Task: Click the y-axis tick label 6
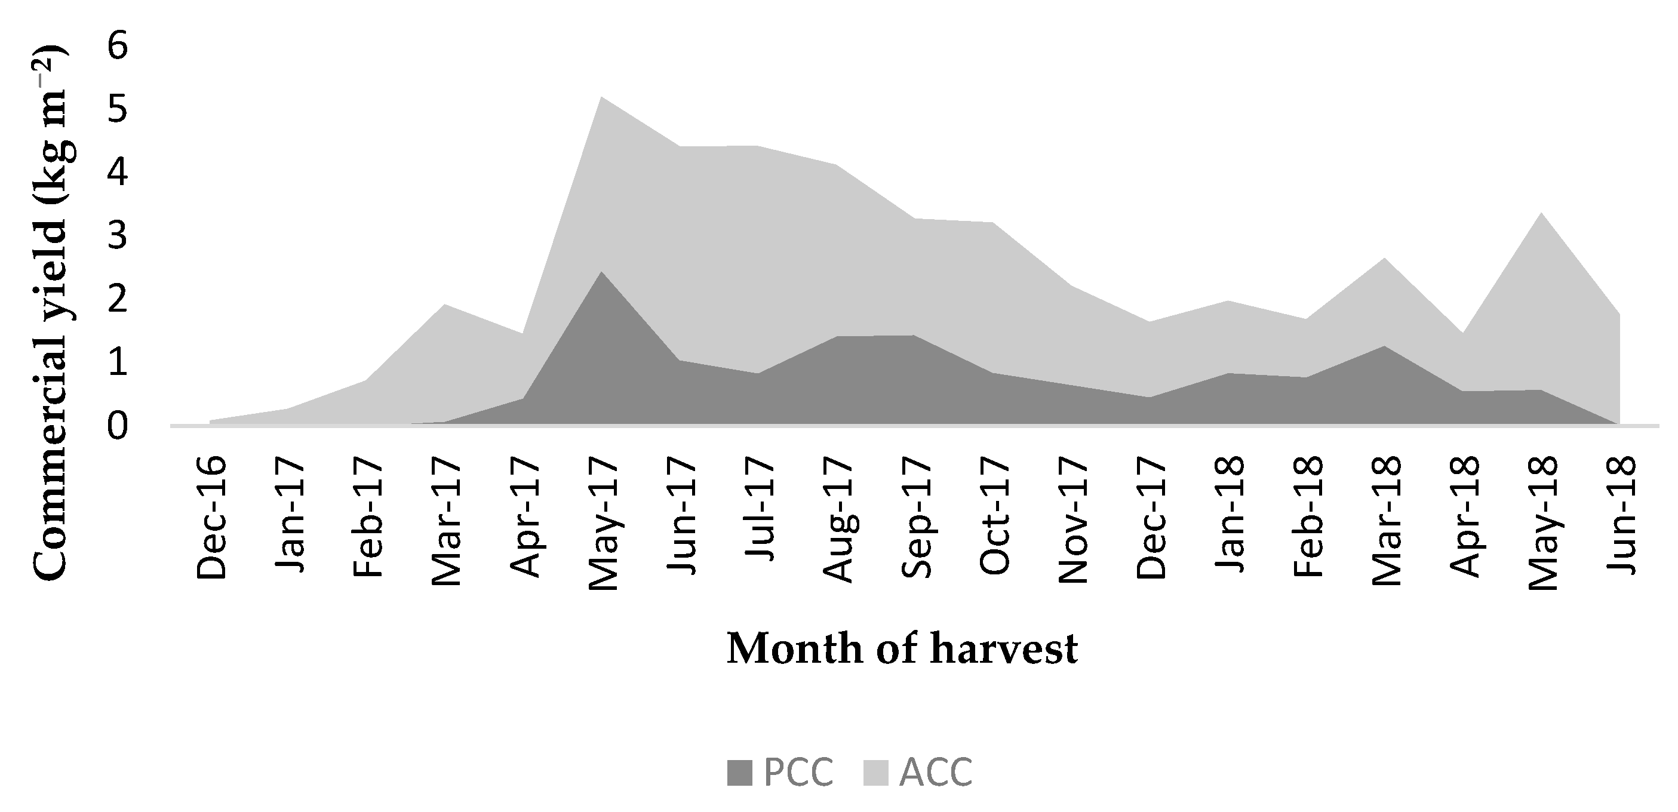pyautogui.click(x=118, y=48)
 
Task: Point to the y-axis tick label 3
pyautogui.click(x=118, y=236)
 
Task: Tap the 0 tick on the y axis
pyautogui.click(x=118, y=426)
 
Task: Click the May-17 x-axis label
pyautogui.click(x=603, y=523)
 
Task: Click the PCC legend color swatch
pyautogui.click(x=740, y=773)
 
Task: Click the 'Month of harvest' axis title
pyautogui.click(x=902, y=648)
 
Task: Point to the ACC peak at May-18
pyautogui.click(x=1541, y=213)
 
